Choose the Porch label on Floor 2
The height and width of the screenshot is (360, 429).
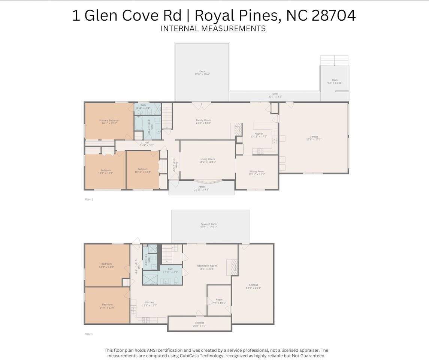tap(202, 187)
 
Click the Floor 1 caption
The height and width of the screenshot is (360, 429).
tap(89, 334)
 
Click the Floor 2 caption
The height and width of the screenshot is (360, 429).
tap(89, 199)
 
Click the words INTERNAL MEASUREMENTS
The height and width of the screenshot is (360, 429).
tap(213, 28)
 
